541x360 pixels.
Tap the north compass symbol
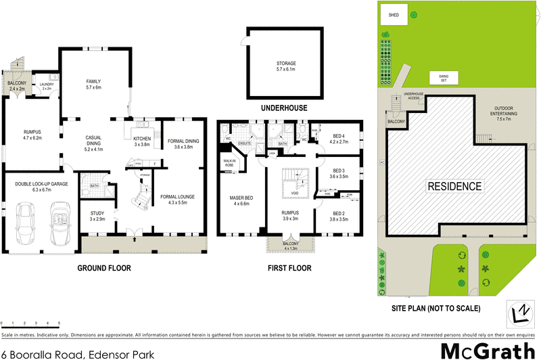(x=521, y=313)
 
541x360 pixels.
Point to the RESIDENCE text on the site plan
(x=454, y=186)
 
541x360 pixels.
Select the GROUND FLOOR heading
(x=103, y=268)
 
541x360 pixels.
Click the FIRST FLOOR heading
(x=289, y=268)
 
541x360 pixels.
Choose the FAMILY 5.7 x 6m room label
(x=93, y=84)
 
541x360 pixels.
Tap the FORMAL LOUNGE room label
(x=177, y=200)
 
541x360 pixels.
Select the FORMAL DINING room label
(x=184, y=143)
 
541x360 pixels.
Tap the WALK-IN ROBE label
(x=230, y=162)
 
